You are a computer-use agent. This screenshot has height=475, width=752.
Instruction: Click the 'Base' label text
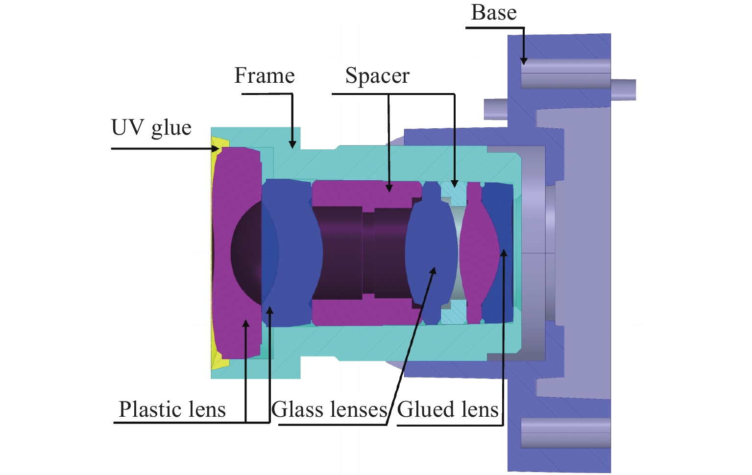(493, 13)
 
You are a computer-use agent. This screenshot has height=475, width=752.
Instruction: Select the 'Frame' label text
(265, 76)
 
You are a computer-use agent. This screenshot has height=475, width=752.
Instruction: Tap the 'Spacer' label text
(377, 76)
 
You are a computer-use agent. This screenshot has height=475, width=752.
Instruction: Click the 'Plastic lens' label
(172, 409)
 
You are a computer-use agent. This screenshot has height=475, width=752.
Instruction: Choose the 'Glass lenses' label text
(329, 409)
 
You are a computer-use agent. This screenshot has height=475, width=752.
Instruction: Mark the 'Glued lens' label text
(447, 409)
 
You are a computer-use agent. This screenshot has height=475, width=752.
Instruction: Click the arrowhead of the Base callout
(524, 61)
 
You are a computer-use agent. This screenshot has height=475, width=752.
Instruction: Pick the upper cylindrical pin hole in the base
(566, 74)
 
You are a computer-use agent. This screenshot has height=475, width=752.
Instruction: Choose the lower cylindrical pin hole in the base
(566, 433)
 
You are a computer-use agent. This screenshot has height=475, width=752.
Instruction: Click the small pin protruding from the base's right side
(623, 90)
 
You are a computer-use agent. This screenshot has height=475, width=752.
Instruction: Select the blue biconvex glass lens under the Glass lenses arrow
(431, 252)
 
